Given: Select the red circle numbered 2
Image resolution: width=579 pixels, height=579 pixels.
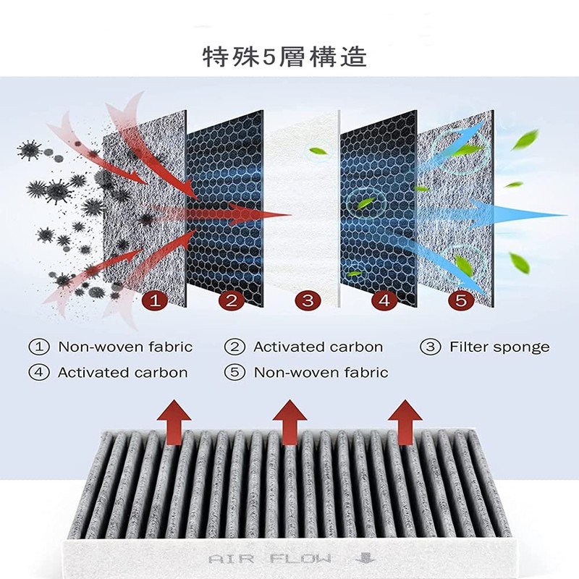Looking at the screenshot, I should pyautogui.click(x=231, y=300).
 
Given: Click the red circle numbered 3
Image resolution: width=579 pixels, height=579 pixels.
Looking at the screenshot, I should pyautogui.click(x=308, y=300).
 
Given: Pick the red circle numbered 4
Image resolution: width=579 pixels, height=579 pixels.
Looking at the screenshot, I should pyautogui.click(x=384, y=300).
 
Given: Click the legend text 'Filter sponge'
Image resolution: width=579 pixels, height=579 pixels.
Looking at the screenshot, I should pyautogui.click(x=499, y=347).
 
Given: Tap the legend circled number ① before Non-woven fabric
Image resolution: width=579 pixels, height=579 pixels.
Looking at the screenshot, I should pyautogui.click(x=38, y=347).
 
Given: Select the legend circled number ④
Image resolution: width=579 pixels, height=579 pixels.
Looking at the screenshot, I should pyautogui.click(x=38, y=373).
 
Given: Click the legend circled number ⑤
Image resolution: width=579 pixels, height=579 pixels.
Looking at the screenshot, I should pyautogui.click(x=233, y=373).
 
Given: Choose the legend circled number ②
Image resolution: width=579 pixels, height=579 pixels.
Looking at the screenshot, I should pyautogui.click(x=233, y=347).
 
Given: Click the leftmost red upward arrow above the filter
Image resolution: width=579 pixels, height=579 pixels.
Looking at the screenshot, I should pyautogui.click(x=174, y=420).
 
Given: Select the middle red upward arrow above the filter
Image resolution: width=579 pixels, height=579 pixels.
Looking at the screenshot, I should pyautogui.click(x=288, y=420).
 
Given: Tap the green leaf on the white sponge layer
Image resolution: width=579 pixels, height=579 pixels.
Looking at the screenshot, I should pyautogui.click(x=318, y=152).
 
